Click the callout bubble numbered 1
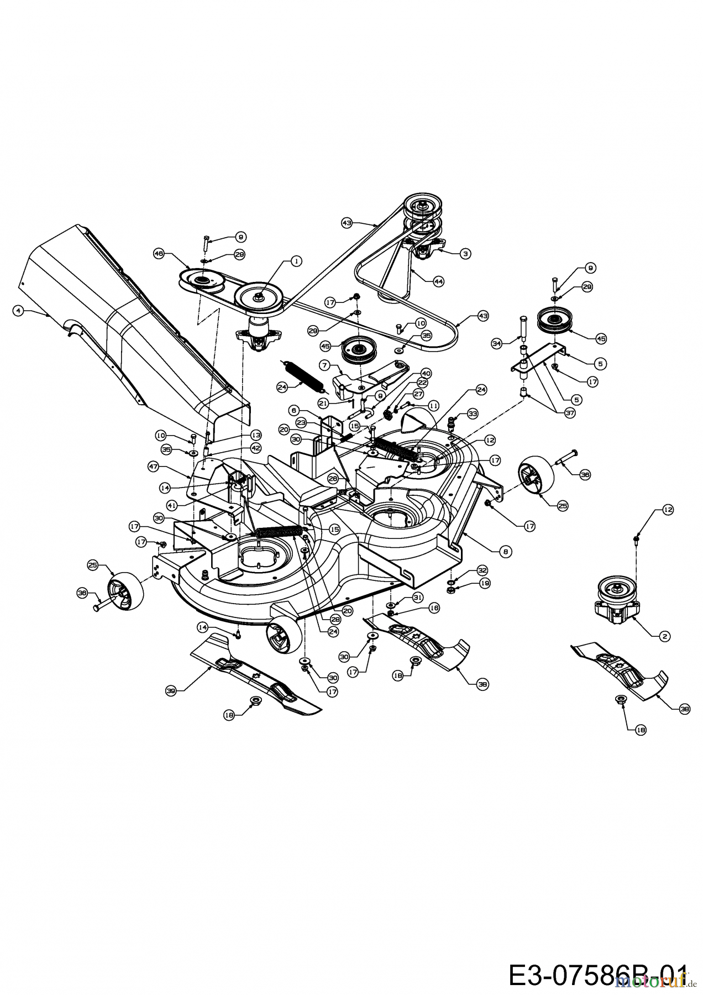pos(297,261)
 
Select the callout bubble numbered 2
pos(665,636)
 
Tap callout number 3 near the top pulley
pos(466,253)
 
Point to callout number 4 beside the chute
pos(19,311)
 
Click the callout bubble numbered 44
pos(438,281)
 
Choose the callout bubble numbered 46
pos(159,253)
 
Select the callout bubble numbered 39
pos(171,690)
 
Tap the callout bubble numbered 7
pos(325,365)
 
